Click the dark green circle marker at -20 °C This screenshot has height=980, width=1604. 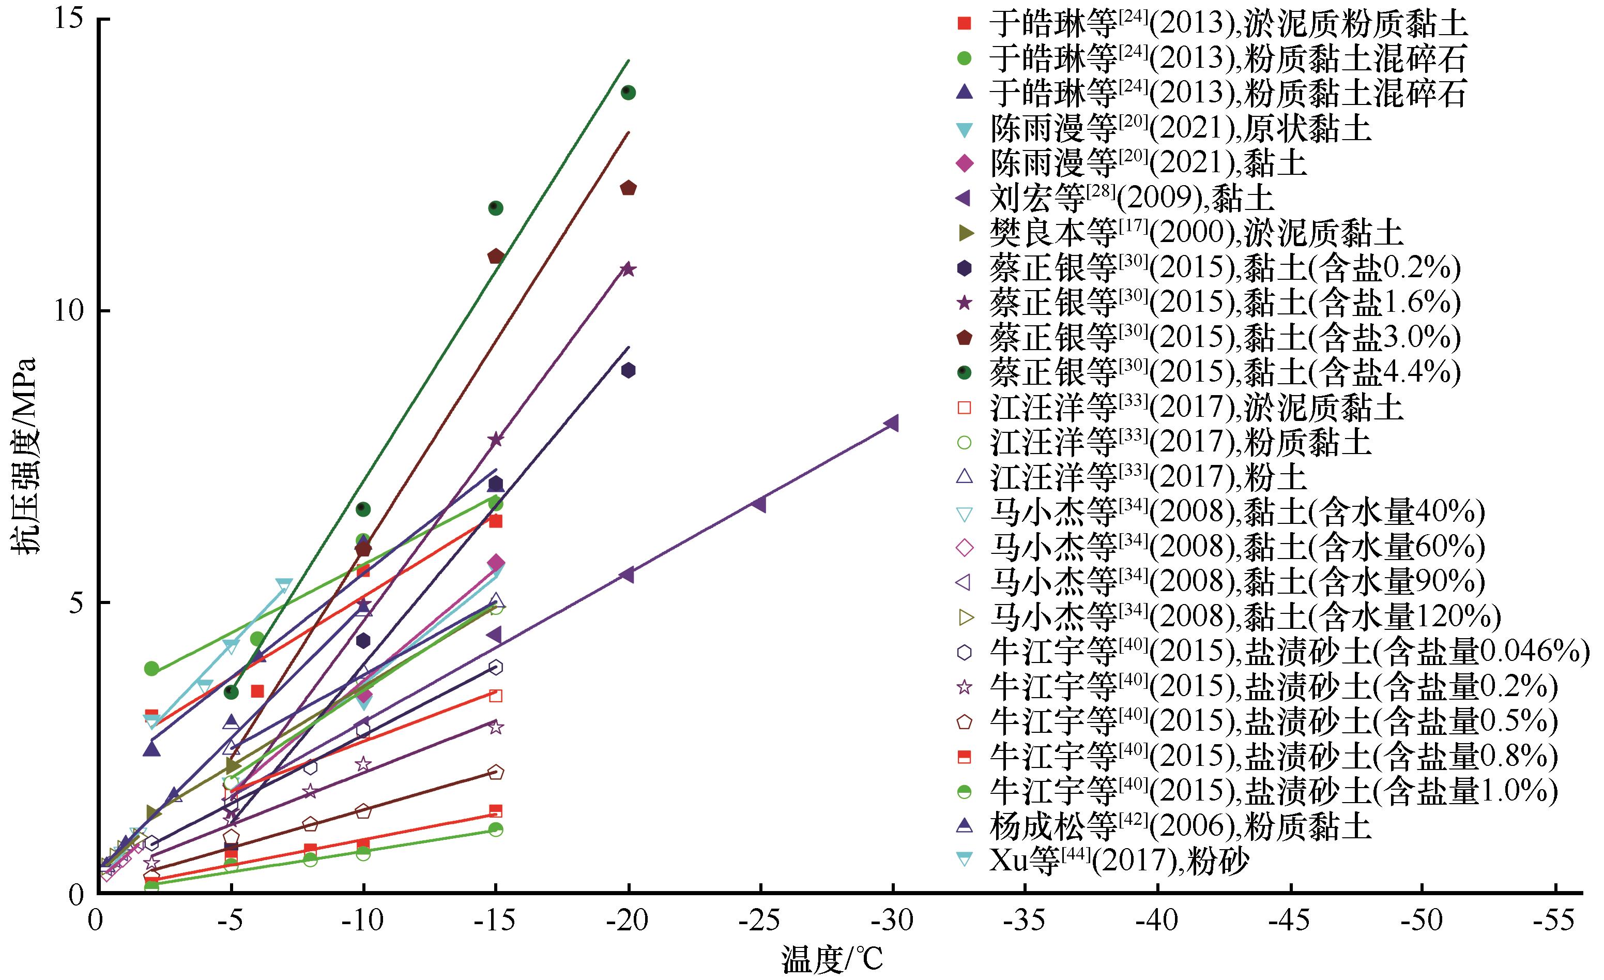coord(628,93)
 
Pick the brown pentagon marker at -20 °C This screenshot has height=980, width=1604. coord(628,188)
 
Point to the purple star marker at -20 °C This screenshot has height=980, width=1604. coord(628,269)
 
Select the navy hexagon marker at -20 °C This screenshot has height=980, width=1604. coord(628,370)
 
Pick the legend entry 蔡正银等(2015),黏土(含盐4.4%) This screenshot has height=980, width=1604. coord(1225,372)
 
